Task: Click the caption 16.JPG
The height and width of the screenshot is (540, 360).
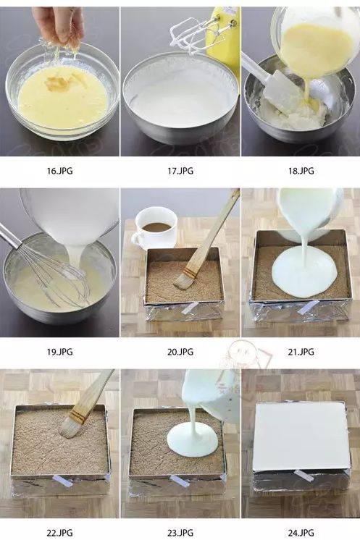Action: (59, 171)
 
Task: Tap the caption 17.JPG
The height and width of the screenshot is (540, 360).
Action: (180, 171)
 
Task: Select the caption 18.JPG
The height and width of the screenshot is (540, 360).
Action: (301, 171)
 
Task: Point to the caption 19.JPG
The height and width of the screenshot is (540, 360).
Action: (59, 352)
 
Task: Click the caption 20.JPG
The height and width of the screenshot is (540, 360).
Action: (180, 352)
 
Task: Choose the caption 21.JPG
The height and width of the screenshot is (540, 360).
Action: (301, 352)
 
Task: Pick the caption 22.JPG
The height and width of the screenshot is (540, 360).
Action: (59, 533)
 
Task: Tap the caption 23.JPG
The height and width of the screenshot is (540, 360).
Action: (180, 533)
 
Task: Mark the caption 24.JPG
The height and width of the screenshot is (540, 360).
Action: (301, 533)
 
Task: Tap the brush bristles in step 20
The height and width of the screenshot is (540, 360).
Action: (183, 281)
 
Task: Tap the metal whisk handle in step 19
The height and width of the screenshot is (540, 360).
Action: (10, 235)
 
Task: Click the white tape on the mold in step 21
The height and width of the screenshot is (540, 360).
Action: (308, 307)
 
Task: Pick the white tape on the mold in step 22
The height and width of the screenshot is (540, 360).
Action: (63, 481)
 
